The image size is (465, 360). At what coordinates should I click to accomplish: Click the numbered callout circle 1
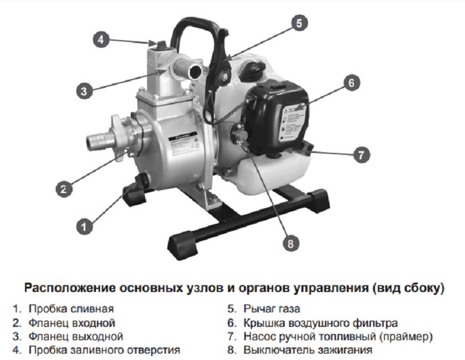(84, 227)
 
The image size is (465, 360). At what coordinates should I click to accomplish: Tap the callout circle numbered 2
(64, 189)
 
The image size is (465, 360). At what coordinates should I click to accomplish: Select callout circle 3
(84, 91)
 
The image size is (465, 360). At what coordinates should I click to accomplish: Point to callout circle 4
(101, 40)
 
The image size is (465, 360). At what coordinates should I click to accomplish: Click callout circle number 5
(299, 23)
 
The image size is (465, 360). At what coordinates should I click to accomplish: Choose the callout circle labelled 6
(352, 83)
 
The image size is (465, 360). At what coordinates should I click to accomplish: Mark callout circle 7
(361, 155)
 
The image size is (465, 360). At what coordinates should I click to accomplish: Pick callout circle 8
(291, 243)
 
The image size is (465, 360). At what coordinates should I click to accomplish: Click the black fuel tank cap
(251, 70)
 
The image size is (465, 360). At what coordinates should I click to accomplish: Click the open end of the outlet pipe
(196, 72)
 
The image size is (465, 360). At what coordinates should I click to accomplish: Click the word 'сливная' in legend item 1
(92, 309)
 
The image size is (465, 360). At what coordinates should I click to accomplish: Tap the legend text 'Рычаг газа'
(271, 309)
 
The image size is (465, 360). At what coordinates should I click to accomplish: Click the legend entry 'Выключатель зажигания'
(308, 350)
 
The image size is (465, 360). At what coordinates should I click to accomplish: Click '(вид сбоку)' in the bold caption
(409, 288)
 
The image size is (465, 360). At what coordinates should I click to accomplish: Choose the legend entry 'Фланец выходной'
(76, 337)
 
